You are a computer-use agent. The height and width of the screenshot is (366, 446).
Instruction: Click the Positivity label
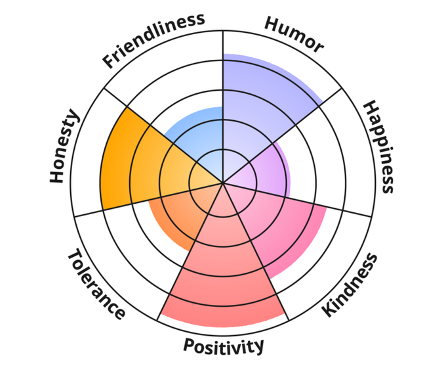click(x=224, y=344)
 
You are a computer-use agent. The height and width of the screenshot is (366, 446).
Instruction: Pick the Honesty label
click(x=64, y=147)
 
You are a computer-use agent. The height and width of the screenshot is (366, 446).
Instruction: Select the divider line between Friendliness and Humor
click(x=223, y=79)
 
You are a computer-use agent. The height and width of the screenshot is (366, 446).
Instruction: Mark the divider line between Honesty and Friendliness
click(x=151, y=131)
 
